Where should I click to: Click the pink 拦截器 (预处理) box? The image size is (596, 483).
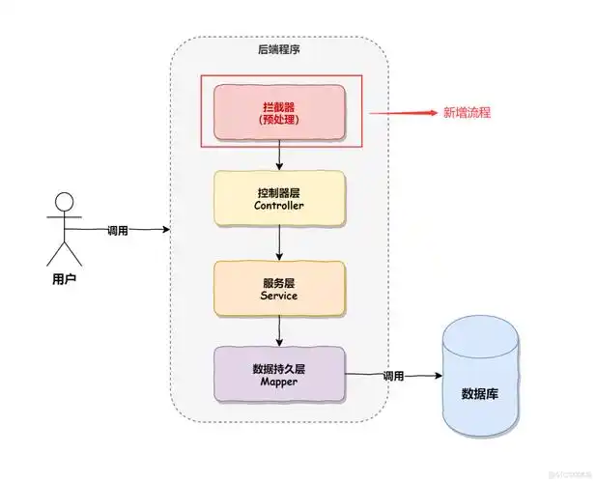point(279,112)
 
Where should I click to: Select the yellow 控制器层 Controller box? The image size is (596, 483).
point(279,199)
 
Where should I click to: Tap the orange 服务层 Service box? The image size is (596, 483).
point(279,289)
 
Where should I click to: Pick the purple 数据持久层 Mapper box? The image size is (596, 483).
point(279,376)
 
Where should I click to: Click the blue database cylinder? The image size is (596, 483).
point(479,377)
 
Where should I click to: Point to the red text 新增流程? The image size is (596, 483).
point(467,112)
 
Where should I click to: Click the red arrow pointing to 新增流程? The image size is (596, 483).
point(401,112)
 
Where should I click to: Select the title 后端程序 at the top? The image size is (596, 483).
point(279,50)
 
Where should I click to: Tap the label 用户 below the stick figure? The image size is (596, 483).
point(64,279)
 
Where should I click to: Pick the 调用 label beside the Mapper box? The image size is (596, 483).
point(393,376)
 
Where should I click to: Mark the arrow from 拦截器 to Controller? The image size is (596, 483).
point(279,156)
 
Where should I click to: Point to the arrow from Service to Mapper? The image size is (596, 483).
point(279,332)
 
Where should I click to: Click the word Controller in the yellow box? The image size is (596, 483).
point(279,207)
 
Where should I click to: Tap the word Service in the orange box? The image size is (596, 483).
point(279,297)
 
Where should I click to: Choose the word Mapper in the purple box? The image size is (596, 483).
point(279,384)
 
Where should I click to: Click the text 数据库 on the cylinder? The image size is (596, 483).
point(479,394)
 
